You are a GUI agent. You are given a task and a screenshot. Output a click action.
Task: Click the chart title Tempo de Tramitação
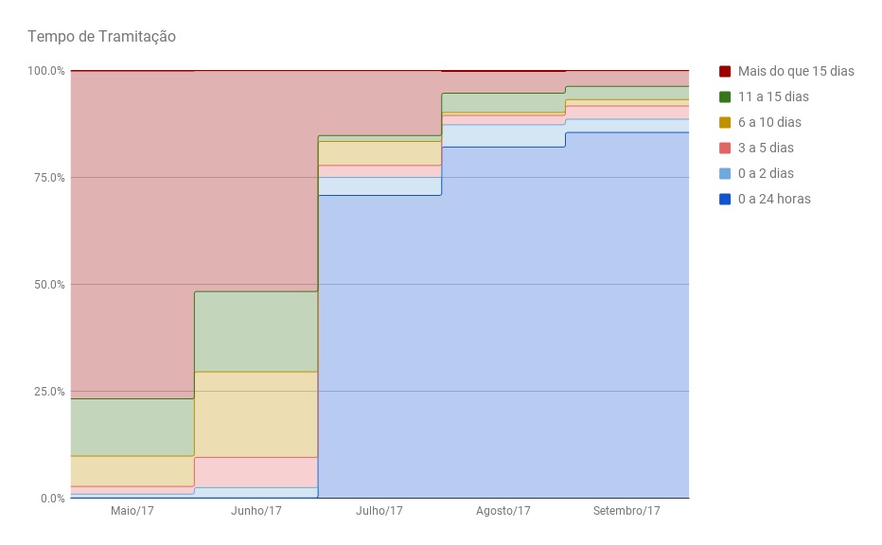(x=101, y=37)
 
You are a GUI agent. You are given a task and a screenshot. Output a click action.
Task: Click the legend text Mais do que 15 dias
(x=796, y=71)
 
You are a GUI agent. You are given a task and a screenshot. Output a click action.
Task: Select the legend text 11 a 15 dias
(x=773, y=97)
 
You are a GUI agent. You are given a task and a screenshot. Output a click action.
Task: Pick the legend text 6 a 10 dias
(x=769, y=122)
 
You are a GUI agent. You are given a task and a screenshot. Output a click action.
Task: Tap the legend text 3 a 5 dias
(x=766, y=148)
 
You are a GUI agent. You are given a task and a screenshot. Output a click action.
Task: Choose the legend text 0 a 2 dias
(x=766, y=173)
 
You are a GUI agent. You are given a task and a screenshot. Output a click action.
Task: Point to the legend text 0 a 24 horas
(x=774, y=199)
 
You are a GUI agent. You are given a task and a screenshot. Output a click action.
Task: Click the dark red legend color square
(x=725, y=71)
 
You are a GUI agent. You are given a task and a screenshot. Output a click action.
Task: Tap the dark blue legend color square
(x=725, y=199)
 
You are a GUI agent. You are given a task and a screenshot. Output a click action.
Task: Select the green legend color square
(x=725, y=97)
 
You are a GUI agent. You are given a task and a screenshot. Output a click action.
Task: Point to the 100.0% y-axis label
(x=45, y=71)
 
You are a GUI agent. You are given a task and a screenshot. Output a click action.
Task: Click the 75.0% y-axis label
(x=48, y=178)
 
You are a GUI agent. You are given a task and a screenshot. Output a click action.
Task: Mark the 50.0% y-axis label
(x=48, y=285)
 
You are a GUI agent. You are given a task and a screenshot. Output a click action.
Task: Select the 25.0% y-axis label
(x=48, y=392)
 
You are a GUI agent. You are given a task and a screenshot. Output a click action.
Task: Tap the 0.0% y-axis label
(x=51, y=499)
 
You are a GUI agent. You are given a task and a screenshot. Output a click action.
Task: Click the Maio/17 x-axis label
(x=132, y=511)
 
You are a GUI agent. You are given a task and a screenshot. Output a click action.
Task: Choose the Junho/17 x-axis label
(x=256, y=511)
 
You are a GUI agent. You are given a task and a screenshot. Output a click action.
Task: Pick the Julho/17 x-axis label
(x=379, y=511)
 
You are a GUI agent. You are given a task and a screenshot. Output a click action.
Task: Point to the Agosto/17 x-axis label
(x=503, y=511)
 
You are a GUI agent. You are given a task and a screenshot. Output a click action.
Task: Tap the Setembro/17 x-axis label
(x=626, y=511)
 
